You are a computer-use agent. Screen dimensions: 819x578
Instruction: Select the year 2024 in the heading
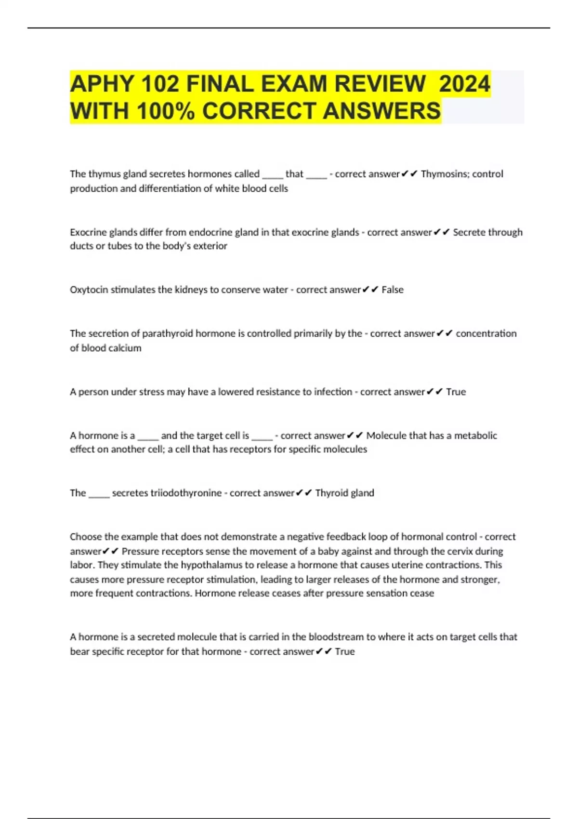[464, 84]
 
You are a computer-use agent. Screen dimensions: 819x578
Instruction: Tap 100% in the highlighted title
[166, 111]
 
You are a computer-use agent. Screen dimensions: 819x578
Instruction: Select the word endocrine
[210, 232]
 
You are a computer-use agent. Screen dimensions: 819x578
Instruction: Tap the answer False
[393, 290]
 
